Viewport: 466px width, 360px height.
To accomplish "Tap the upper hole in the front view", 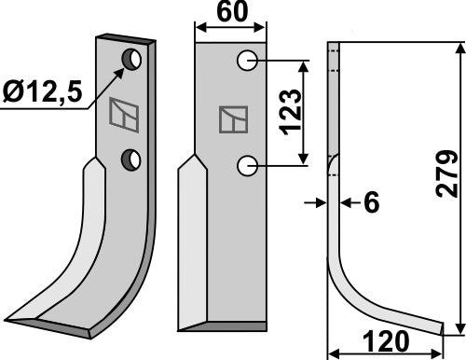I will (247, 61).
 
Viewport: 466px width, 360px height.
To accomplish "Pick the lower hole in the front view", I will (247, 166).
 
